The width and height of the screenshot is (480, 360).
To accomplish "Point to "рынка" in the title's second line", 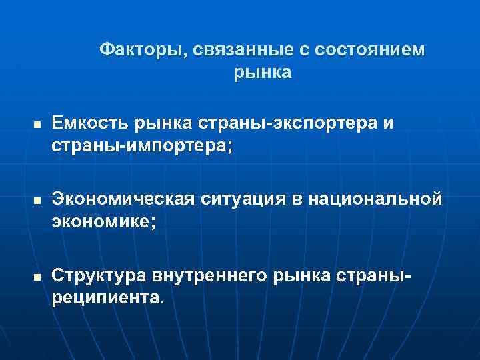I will point(263,72).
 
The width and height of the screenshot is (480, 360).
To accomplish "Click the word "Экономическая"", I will point(123,200).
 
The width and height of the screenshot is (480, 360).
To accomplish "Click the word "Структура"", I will point(99,275).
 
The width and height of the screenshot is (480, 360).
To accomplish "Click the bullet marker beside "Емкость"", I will point(38,125).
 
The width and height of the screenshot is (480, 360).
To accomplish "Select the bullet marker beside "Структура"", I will point(38,277).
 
